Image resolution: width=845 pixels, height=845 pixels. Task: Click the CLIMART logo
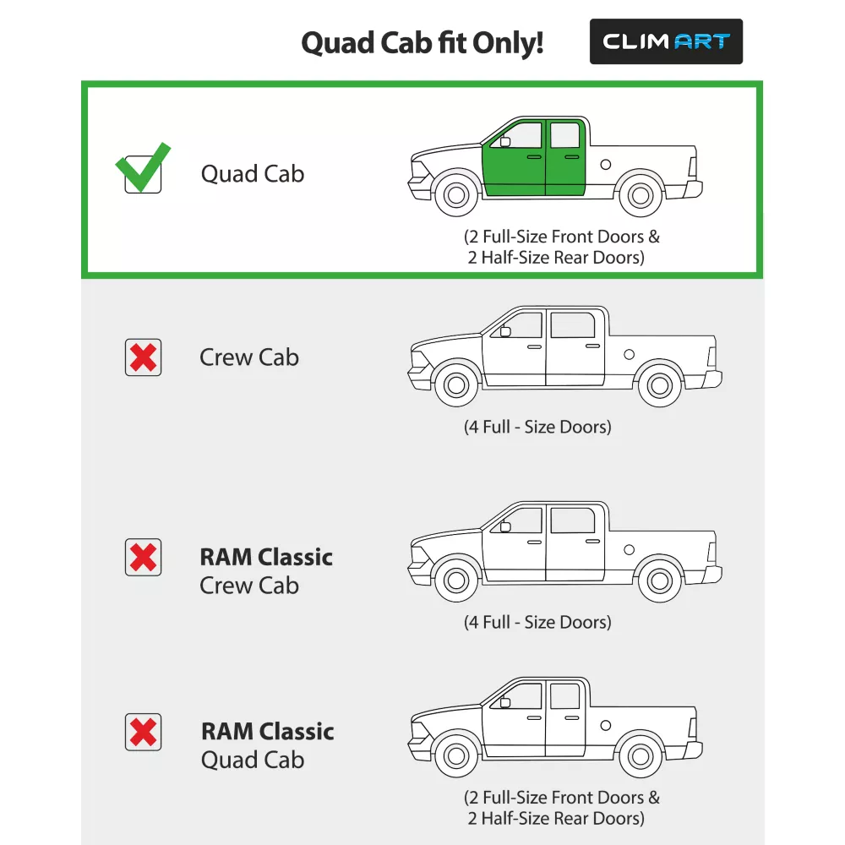(666, 41)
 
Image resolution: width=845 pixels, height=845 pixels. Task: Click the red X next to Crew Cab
(144, 357)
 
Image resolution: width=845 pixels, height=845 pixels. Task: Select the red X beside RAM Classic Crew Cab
(144, 557)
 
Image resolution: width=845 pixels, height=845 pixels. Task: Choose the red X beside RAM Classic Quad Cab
(144, 732)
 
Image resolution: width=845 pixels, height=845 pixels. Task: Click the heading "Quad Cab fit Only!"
(422, 42)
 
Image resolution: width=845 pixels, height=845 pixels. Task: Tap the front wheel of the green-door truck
(456, 195)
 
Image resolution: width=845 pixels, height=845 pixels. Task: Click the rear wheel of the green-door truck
(641, 195)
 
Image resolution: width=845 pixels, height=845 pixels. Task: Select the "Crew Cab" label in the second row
(249, 357)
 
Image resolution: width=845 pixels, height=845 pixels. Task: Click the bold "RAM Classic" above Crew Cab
(266, 557)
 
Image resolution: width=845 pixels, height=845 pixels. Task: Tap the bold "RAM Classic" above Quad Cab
(267, 732)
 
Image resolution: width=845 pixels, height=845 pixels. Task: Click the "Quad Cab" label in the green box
(253, 174)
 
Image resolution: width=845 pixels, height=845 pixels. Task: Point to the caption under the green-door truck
(562, 247)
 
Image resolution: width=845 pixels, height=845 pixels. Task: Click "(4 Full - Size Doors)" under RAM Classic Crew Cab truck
(537, 623)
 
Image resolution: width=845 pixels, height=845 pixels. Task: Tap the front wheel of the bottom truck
(456, 756)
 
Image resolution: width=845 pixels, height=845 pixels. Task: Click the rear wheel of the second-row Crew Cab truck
(660, 385)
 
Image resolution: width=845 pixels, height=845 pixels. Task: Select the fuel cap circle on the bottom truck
(606, 725)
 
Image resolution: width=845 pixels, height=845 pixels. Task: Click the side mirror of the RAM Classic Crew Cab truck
(505, 526)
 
